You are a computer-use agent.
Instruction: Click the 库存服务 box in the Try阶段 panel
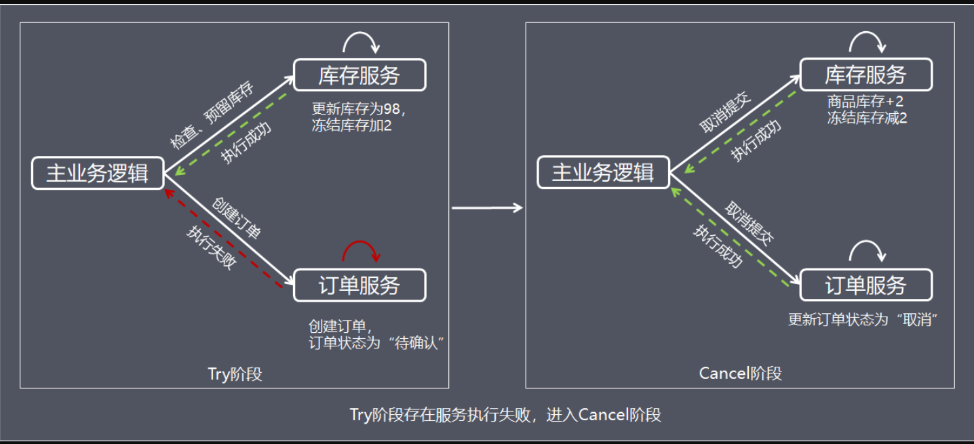pos(359,75)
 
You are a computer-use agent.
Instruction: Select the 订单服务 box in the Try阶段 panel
pos(359,285)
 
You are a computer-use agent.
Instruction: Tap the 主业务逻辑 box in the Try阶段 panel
pos(98,174)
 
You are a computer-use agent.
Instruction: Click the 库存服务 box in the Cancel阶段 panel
pos(865,75)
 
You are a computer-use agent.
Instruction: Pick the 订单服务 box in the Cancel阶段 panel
pos(865,285)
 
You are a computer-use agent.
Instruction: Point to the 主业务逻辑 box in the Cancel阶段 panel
pos(604,174)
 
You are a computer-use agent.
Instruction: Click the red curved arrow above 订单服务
pos(361,251)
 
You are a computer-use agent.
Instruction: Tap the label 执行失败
pos(211,247)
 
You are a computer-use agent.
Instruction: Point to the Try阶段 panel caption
pos(234,374)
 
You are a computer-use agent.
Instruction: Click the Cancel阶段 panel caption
pos(740,374)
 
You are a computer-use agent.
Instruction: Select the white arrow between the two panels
pos(487,207)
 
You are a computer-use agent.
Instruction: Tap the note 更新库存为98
pos(359,108)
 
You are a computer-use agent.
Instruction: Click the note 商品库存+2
pos(865,102)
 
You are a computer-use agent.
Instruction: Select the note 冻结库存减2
pos(867,117)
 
